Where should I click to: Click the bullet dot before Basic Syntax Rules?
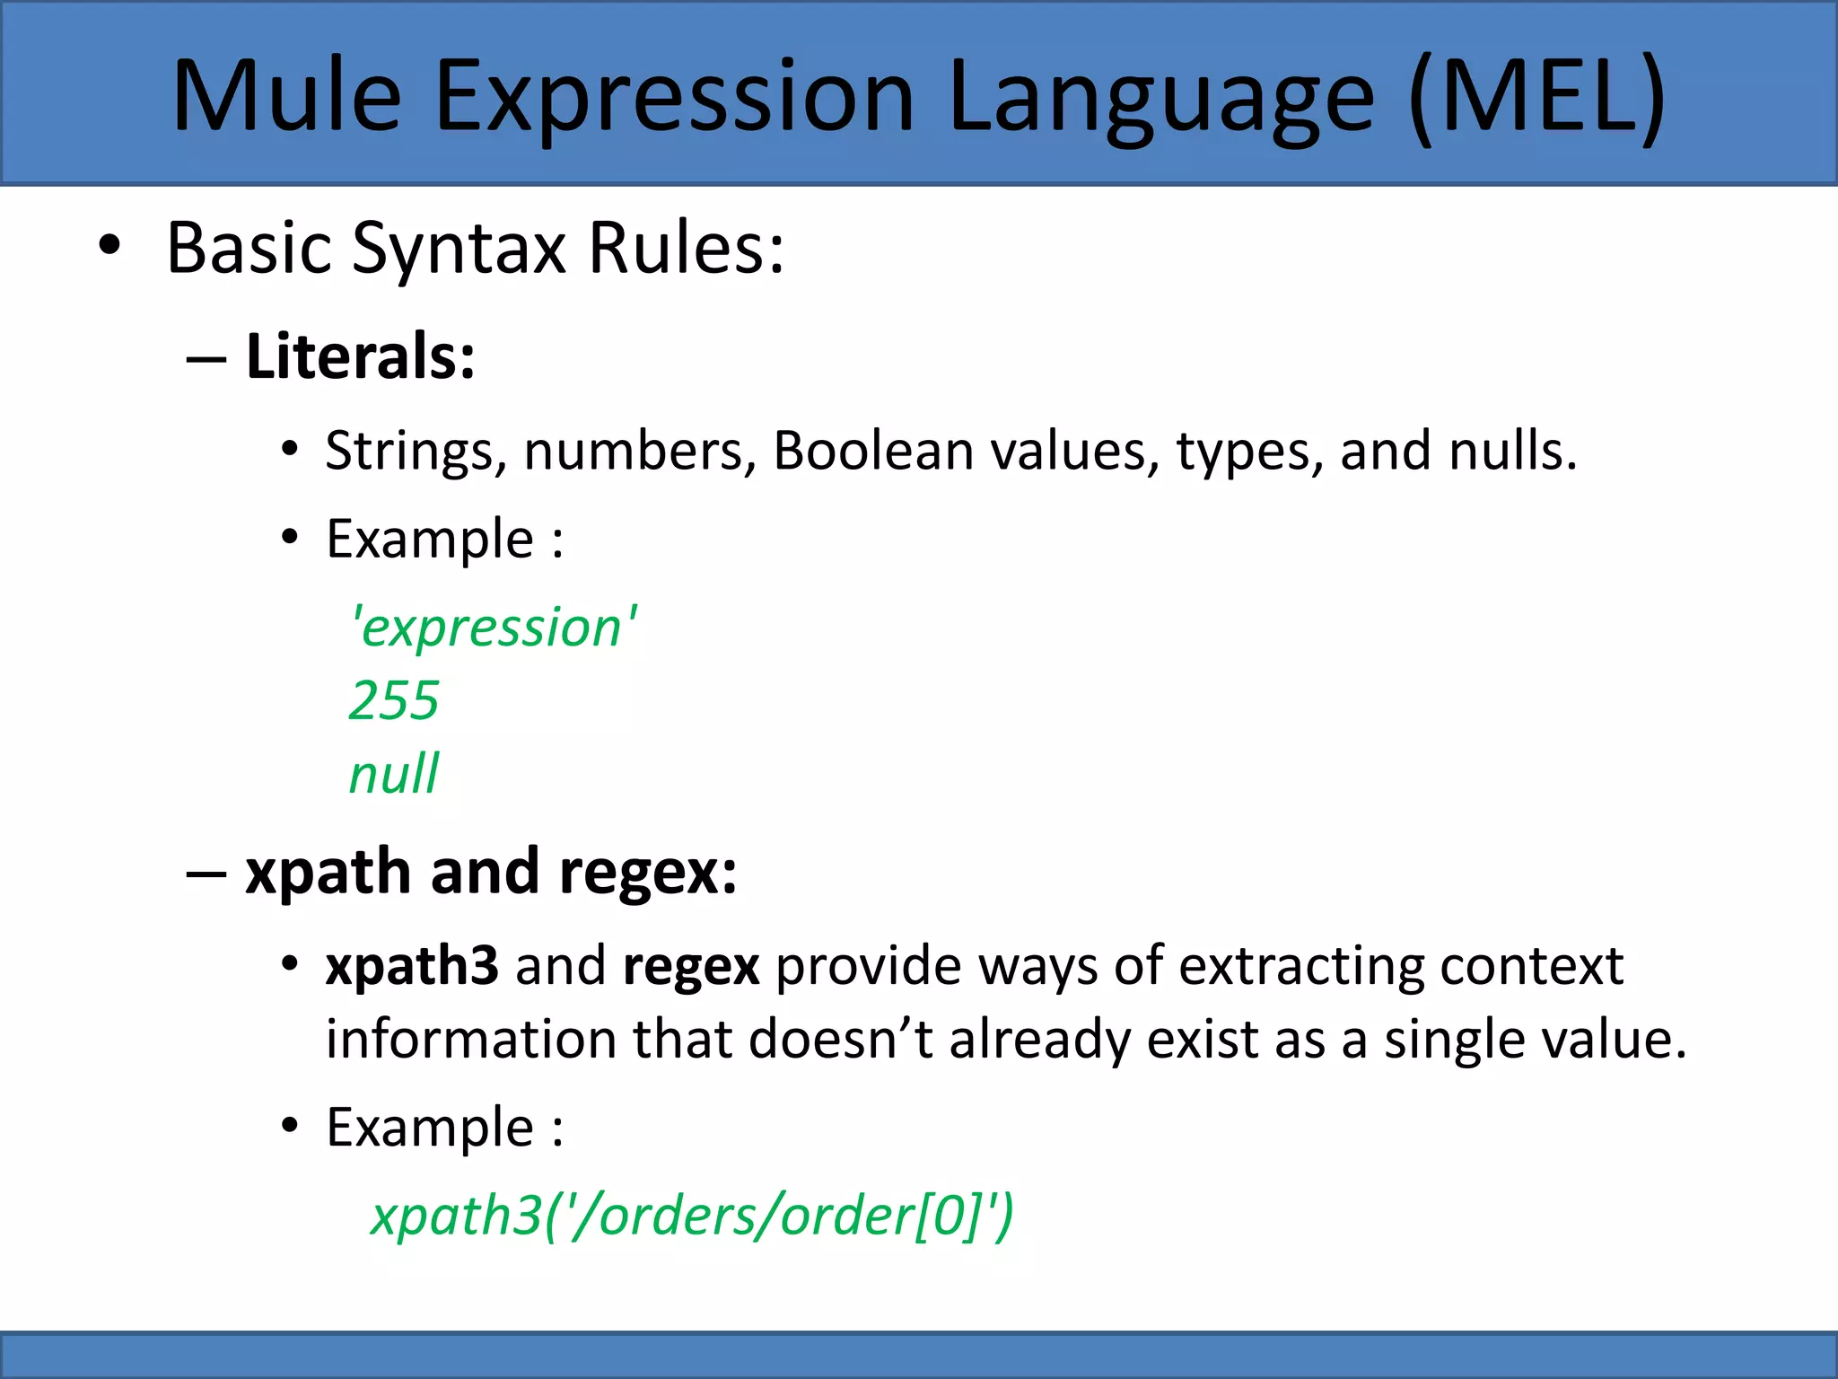(109, 247)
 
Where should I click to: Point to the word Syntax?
(459, 249)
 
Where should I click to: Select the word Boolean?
(873, 451)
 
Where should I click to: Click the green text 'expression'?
(494, 627)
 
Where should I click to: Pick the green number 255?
(394, 700)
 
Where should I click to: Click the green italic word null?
(394, 774)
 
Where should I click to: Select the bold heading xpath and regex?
(491, 872)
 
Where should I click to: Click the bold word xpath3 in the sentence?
(411, 966)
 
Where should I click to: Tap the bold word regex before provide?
(691, 966)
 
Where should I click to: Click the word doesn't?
(840, 1040)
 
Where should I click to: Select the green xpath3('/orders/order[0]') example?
(692, 1216)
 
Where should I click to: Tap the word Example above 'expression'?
(430, 540)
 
